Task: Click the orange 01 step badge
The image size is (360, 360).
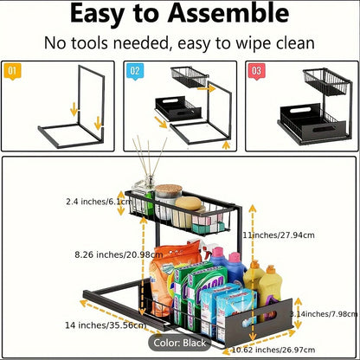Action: [12, 71]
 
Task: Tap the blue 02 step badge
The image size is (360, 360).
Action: [135, 71]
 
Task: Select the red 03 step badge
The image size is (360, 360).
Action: [257, 71]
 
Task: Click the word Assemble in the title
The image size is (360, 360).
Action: [228, 14]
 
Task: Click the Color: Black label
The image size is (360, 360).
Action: [180, 343]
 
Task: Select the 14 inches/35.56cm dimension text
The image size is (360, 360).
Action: [106, 325]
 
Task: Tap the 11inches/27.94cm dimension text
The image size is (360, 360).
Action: [279, 235]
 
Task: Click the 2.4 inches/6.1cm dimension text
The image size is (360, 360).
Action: [99, 202]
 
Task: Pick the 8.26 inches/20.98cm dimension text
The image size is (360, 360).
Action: [119, 254]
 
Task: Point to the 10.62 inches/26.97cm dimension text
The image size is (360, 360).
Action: [273, 350]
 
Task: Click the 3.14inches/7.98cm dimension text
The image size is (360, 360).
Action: [324, 313]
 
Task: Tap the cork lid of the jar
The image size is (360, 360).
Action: [169, 190]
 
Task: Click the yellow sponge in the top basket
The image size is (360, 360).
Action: [188, 203]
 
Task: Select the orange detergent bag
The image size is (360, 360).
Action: [170, 277]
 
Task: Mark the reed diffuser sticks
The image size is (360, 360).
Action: [150, 157]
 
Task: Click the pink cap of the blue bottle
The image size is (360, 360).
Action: [235, 258]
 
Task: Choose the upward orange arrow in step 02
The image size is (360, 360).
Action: [227, 145]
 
